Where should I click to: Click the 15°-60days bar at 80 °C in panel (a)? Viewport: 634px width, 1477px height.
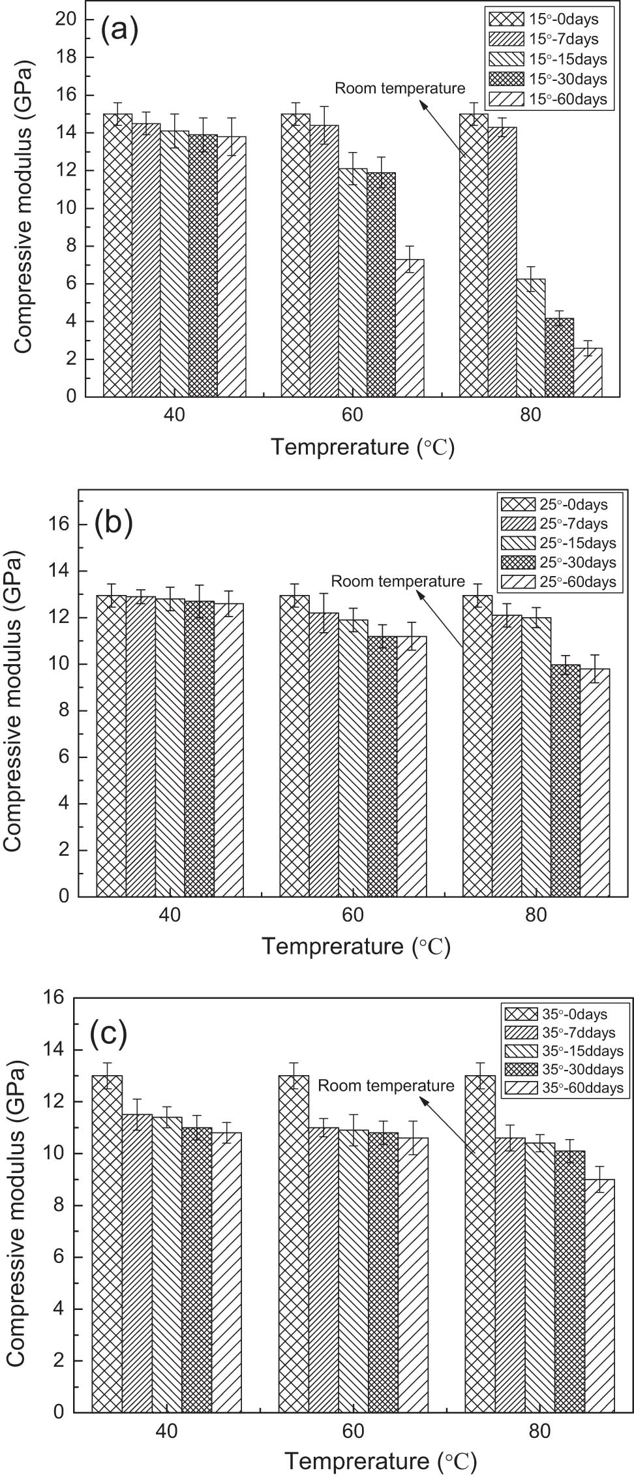point(588,372)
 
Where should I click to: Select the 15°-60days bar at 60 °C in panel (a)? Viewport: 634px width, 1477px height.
point(410,327)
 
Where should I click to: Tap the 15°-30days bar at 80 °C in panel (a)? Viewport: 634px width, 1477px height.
point(560,357)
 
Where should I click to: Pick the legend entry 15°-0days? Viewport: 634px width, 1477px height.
point(548,19)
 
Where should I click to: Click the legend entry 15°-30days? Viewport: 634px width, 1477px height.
point(548,79)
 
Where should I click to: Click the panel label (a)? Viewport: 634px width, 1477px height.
point(119,31)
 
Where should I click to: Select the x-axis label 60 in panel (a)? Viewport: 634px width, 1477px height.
point(352,415)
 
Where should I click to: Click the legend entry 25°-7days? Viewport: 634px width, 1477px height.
point(554,523)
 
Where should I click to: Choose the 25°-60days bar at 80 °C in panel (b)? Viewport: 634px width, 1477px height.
point(595,782)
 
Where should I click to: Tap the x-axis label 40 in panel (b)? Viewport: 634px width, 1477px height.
point(170,915)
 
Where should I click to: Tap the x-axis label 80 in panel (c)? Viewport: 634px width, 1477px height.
point(540,1431)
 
